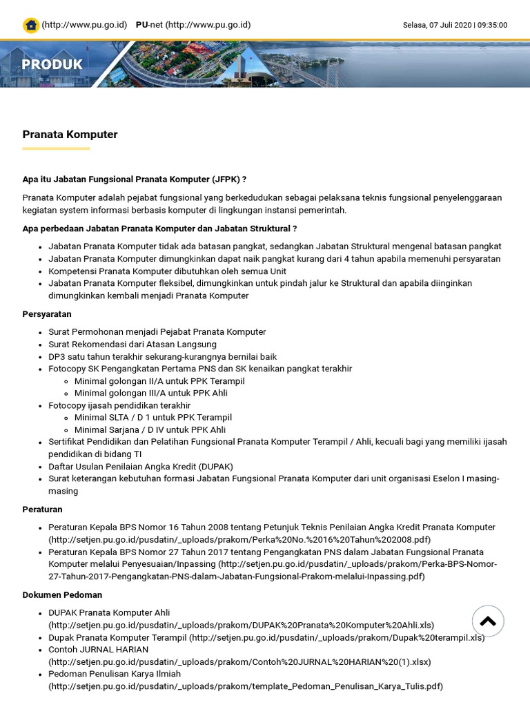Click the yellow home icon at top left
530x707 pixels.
(30, 26)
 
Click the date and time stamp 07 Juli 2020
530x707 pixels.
(455, 25)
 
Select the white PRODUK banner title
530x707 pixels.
(52, 64)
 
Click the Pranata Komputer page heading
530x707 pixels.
(70, 135)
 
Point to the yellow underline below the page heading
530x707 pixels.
(56, 148)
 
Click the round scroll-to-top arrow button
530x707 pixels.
(488, 621)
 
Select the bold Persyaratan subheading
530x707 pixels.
(47, 314)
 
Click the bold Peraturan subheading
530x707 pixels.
(42, 510)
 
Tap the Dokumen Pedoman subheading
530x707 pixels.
(62, 595)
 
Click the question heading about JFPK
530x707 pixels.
(134, 180)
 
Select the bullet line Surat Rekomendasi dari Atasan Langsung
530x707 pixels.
(132, 345)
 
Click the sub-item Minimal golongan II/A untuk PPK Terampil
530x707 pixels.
(159, 381)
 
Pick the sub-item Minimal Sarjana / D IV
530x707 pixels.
(150, 429)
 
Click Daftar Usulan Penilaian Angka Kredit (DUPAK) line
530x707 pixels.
(141, 467)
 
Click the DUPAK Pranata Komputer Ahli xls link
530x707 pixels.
(241, 626)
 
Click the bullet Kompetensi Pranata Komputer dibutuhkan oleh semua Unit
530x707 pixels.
(167, 271)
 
